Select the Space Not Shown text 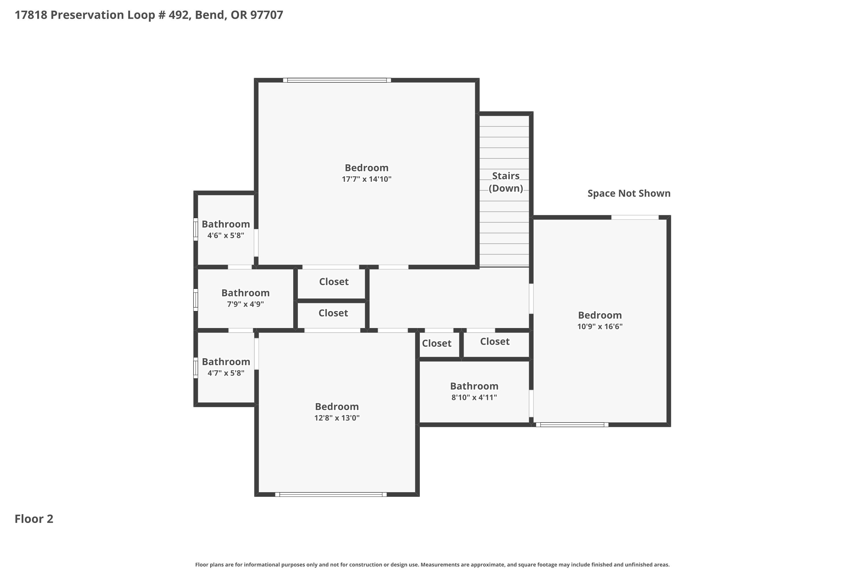[629, 193]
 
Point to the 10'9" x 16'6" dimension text [600, 326]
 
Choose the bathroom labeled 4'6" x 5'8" [226, 230]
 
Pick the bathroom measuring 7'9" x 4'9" [245, 298]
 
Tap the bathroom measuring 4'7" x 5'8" [226, 367]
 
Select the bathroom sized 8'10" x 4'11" [474, 392]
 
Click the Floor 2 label [34, 519]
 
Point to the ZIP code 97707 [267, 15]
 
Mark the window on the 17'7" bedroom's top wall [337, 80]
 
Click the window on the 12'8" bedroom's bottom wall [331, 494]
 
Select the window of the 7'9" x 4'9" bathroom [196, 300]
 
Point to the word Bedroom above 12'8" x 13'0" [337, 407]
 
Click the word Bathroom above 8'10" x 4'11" [474, 386]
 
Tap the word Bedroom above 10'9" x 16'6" [600, 315]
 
